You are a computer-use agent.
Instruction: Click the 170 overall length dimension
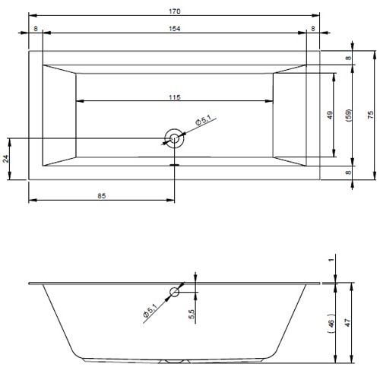click(175, 11)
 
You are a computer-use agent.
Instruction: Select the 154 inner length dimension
click(175, 29)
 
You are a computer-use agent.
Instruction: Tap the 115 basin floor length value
click(175, 97)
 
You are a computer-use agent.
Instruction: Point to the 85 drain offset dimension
click(101, 196)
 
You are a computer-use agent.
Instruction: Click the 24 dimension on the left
click(5, 159)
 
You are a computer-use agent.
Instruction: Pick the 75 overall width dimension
click(370, 115)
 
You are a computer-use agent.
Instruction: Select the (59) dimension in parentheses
click(349, 116)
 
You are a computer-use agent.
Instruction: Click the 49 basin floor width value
click(330, 116)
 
